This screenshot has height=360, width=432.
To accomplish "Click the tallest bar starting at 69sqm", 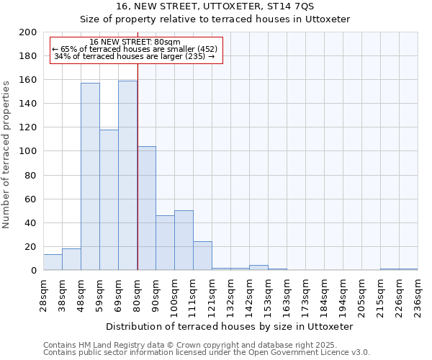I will (x=127, y=176).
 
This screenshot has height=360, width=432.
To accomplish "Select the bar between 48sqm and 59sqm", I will (x=90, y=176).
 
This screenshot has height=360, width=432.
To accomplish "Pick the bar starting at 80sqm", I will (x=146, y=208).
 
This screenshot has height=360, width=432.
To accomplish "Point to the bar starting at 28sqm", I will (x=53, y=262).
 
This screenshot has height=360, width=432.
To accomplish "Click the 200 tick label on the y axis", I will (x=28, y=32).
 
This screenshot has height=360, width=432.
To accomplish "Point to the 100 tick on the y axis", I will (x=28, y=151).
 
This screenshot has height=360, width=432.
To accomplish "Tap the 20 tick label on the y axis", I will (x=31, y=247).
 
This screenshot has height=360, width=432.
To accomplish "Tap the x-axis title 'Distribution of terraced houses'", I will (x=234, y=327).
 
